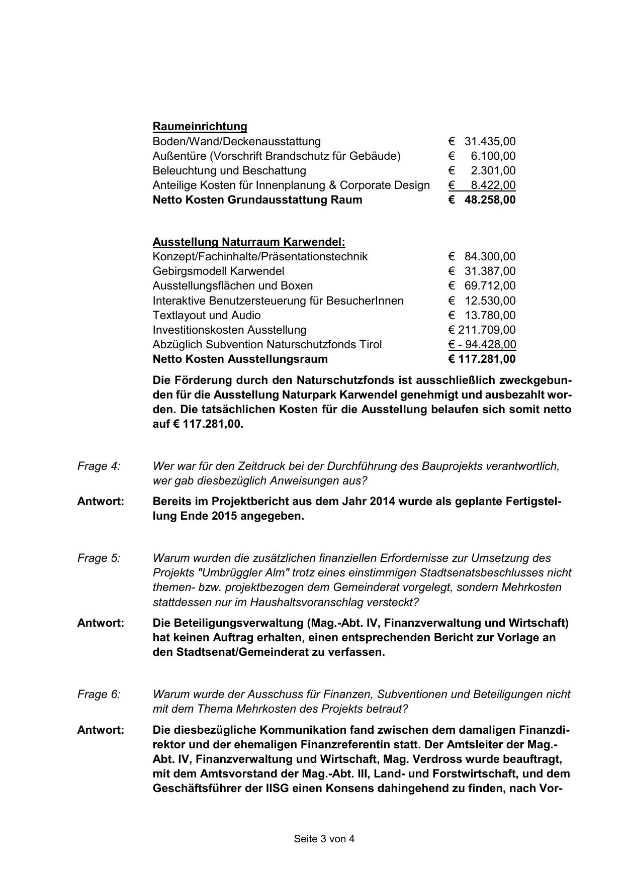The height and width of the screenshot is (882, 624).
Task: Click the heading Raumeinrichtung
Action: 200,126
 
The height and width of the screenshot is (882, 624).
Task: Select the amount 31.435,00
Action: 490,141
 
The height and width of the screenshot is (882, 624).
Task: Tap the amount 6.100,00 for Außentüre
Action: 493,156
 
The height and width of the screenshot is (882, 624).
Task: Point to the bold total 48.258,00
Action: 490,200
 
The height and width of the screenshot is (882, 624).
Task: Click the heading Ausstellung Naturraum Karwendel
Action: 248,242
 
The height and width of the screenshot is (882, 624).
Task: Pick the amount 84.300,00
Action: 490,257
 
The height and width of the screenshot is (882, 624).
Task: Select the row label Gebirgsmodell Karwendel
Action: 218,271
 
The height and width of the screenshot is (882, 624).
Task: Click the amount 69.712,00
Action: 490,286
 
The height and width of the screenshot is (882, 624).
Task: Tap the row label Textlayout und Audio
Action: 207,316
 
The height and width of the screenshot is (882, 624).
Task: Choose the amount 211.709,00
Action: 486,330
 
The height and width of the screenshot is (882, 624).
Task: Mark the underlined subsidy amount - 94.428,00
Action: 486,345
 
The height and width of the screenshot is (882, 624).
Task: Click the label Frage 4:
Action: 99,466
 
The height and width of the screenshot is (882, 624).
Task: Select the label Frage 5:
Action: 99,558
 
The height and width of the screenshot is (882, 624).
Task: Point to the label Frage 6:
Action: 99,695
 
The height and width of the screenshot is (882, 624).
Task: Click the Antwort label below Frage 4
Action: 101,502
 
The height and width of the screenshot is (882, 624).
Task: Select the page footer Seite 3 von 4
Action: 324,839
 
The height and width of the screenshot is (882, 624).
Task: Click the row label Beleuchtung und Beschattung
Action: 229,170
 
